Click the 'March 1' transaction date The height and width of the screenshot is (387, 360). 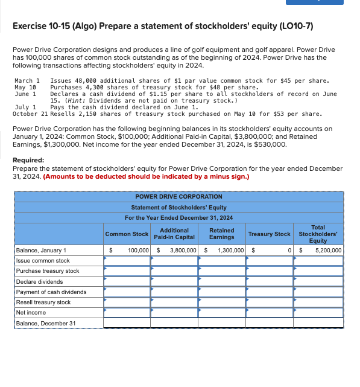[27, 80]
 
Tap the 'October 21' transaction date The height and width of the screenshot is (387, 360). [30, 114]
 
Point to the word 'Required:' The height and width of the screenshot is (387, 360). [28, 161]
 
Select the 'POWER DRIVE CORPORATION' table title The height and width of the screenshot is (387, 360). [178, 196]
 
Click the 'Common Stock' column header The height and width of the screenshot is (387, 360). [127, 234]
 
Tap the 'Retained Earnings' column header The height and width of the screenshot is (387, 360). [221, 234]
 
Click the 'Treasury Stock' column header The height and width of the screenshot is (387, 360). [269, 234]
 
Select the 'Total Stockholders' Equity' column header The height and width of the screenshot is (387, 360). [318, 234]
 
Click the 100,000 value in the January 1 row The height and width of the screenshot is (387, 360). [138, 250]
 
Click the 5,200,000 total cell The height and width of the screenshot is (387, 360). [328, 250]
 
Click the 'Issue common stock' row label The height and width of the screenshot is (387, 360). [43, 261]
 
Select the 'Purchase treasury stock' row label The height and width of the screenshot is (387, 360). [48, 271]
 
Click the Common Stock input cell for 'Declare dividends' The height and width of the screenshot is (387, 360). [127, 281]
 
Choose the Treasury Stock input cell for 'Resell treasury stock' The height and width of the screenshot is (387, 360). [269, 302]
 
